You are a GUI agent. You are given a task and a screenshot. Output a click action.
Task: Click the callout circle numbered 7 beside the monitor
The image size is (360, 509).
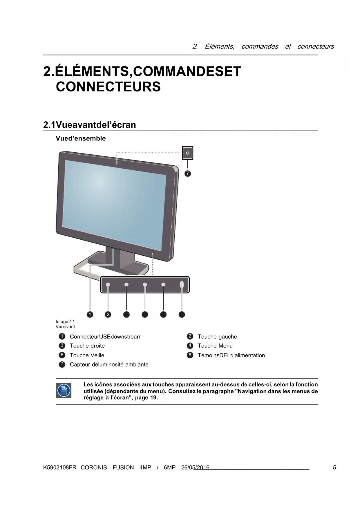188,174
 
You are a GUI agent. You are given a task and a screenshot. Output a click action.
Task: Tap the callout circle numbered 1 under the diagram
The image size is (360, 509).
90,314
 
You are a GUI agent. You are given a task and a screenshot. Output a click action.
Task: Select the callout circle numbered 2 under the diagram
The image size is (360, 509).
108,314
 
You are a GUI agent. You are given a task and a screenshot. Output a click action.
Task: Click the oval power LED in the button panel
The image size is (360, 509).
182,284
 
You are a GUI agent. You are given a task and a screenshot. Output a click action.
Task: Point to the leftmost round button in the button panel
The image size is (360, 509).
108,285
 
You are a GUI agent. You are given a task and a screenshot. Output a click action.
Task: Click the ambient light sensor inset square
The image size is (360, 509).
188,153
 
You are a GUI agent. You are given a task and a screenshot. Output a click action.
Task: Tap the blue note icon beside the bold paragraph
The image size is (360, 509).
64,391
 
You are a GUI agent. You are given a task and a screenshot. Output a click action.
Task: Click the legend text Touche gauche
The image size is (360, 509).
217,337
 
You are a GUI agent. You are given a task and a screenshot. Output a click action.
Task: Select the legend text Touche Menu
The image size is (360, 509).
215,346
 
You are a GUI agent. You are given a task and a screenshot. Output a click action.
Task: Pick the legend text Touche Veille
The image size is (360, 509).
87,355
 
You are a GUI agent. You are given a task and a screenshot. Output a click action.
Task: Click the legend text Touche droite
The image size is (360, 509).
87,346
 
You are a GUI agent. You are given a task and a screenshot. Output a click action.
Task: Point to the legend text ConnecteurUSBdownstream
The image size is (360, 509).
106,337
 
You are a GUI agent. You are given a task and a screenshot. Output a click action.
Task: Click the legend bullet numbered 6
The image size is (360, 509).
190,355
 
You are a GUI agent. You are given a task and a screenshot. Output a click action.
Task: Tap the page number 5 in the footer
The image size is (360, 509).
334,468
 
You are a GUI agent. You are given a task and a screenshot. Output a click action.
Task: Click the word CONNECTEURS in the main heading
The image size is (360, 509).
108,87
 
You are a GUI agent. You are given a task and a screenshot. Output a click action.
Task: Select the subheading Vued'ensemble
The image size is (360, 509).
81,138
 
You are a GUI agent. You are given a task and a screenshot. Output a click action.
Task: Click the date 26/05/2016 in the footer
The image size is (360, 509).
195,468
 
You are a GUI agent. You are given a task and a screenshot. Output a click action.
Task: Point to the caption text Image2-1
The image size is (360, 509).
65,322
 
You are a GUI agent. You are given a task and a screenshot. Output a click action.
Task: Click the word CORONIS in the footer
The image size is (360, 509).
94,468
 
